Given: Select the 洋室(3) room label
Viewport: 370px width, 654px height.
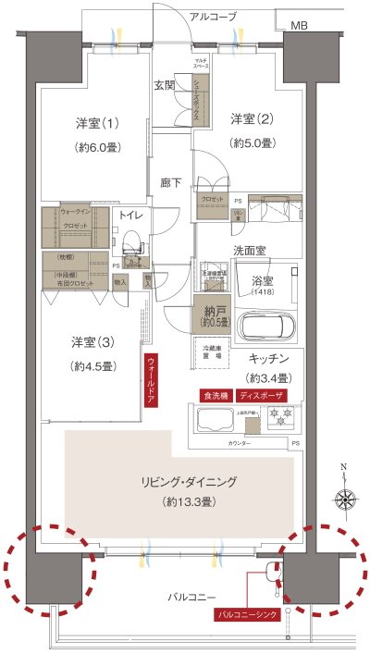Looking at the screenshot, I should [92, 341].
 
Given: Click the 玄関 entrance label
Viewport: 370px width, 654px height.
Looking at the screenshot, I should [165, 84].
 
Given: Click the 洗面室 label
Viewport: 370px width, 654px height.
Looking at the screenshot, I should [250, 249].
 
